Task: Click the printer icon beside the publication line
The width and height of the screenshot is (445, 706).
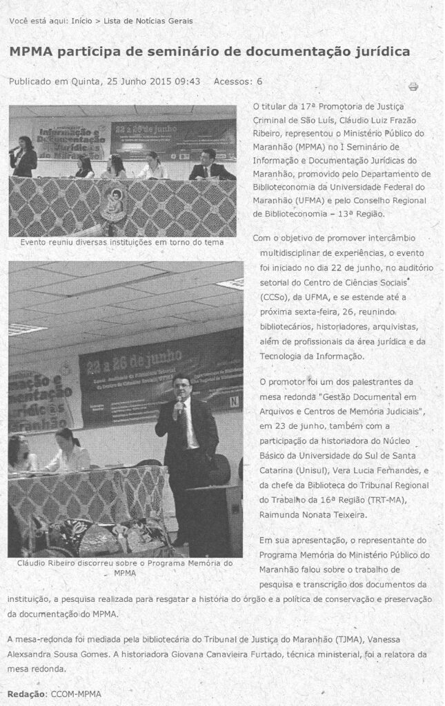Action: coord(413,87)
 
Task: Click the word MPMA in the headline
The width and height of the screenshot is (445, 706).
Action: coord(31,52)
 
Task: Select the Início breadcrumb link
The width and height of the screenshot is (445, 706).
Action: coord(81,21)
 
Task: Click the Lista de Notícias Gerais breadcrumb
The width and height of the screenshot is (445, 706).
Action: coord(148,21)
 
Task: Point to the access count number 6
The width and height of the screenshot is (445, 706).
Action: coord(259,81)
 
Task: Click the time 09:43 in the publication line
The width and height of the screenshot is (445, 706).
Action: coord(188,81)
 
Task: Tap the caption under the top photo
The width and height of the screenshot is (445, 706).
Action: coord(122,243)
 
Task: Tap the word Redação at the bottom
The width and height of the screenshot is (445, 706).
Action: coord(26,694)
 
